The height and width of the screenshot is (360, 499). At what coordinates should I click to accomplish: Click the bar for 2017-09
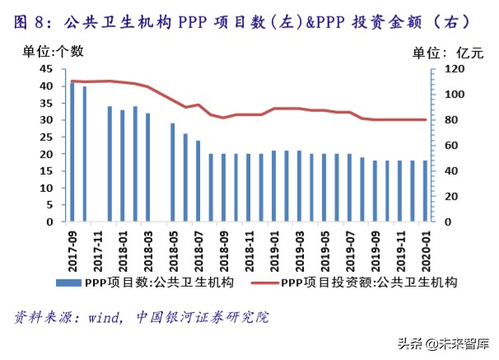tap(72, 152)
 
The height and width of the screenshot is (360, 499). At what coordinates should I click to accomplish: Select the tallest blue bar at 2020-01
tap(424, 191)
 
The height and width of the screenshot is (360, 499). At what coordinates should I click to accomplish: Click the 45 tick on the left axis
tap(47, 69)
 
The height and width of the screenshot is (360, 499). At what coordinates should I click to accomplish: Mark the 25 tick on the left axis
tap(47, 137)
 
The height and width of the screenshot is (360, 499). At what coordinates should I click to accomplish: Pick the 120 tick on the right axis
tap(448, 69)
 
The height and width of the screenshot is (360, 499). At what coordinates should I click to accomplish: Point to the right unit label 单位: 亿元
tap(448, 52)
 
